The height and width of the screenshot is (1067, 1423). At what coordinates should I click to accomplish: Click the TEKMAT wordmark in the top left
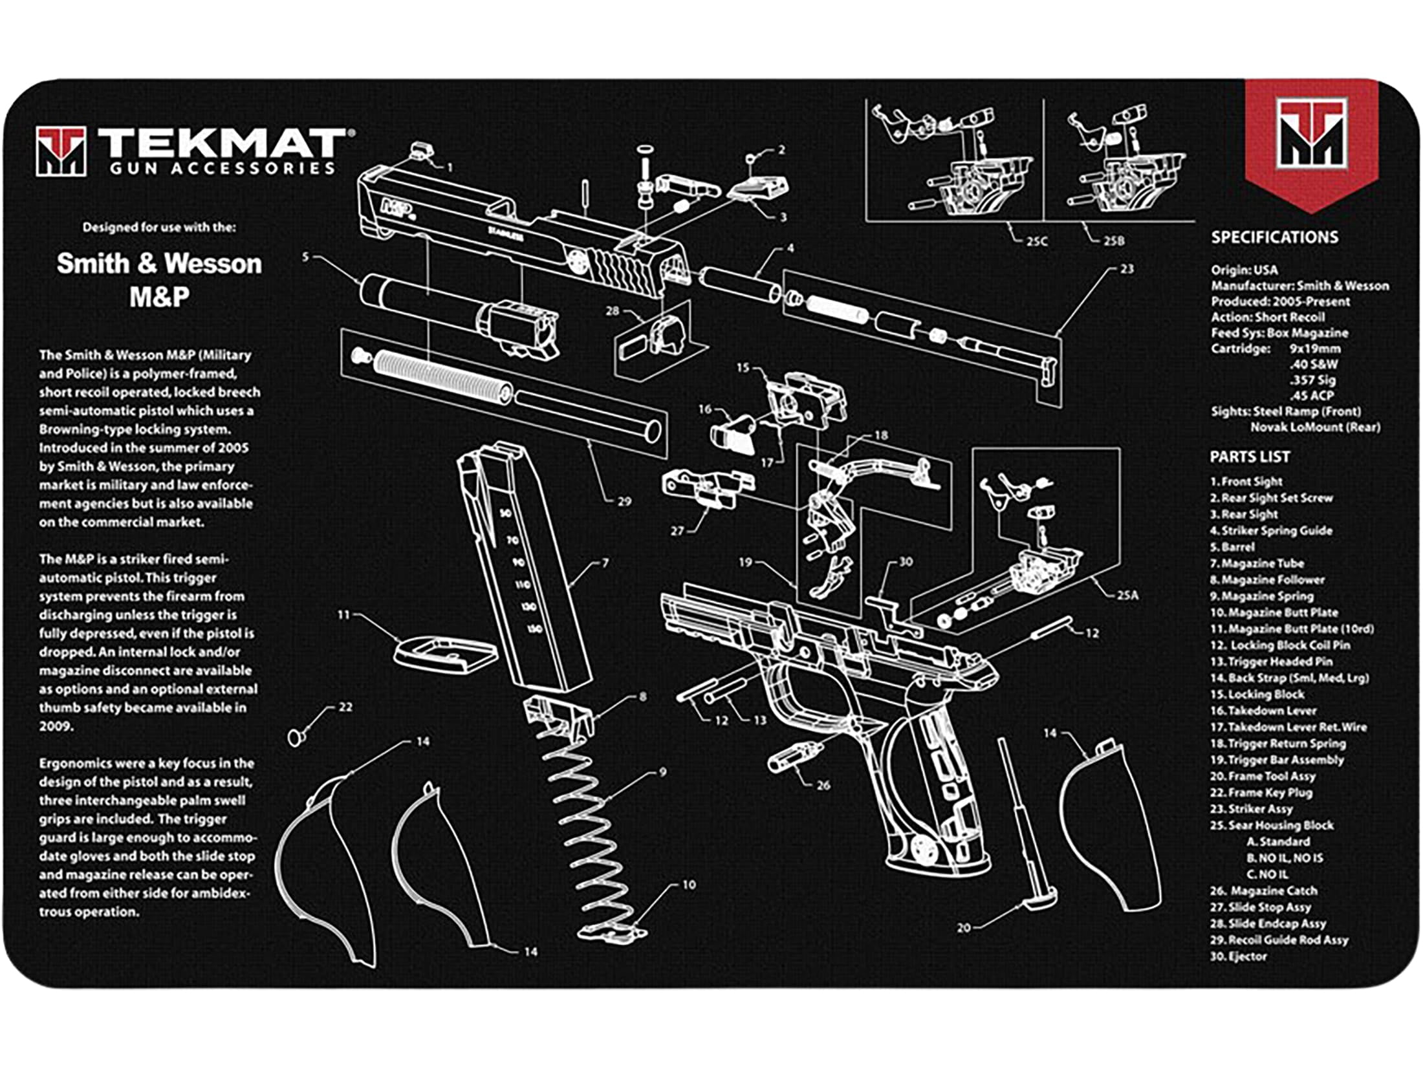pyautogui.click(x=220, y=144)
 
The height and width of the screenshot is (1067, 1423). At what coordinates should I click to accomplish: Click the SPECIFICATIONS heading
pyautogui.click(x=1274, y=237)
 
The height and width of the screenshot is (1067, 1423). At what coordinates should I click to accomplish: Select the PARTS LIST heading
pyautogui.click(x=1250, y=457)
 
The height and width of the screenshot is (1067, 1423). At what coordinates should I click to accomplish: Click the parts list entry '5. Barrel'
pyautogui.click(x=1232, y=547)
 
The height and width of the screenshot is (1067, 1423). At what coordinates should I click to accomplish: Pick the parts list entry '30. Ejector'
pyautogui.click(x=1238, y=956)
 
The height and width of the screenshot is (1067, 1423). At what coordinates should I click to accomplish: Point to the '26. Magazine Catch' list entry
pyautogui.click(x=1263, y=891)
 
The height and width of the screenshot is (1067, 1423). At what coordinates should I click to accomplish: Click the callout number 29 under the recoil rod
pyautogui.click(x=624, y=501)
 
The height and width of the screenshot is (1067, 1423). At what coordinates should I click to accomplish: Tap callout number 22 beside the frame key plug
pyautogui.click(x=345, y=707)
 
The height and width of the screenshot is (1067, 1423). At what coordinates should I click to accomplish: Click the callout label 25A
pyautogui.click(x=1127, y=595)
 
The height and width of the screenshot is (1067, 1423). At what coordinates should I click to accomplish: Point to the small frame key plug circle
pyautogui.click(x=296, y=737)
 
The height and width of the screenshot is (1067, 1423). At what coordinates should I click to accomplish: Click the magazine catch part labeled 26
pyautogui.click(x=794, y=756)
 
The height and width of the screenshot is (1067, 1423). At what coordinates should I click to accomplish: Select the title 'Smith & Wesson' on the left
pyautogui.click(x=159, y=264)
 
